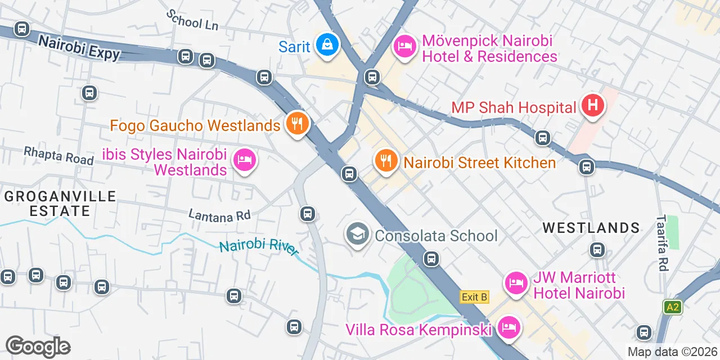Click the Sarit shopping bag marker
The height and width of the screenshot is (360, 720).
point(326,44)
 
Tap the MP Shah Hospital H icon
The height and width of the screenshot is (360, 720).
point(592,105)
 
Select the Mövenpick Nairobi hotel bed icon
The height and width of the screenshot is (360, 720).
point(404,46)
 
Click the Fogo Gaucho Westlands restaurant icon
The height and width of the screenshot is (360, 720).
point(297,123)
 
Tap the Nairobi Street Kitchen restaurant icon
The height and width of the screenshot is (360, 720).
point(385,161)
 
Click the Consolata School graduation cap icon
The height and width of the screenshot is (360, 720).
point(357,233)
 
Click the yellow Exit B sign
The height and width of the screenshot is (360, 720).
point(474,297)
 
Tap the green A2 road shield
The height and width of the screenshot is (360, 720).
point(672,307)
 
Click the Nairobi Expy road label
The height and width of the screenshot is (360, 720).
point(79,47)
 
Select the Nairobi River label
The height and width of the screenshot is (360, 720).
point(259,247)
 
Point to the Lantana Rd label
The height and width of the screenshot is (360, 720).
point(219,215)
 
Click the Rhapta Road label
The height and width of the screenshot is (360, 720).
point(58,155)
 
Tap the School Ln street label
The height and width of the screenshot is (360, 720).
point(192,20)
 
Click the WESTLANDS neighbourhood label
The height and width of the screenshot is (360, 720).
point(591,228)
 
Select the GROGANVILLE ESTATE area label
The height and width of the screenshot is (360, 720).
point(60,204)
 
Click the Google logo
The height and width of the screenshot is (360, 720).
point(38,346)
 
